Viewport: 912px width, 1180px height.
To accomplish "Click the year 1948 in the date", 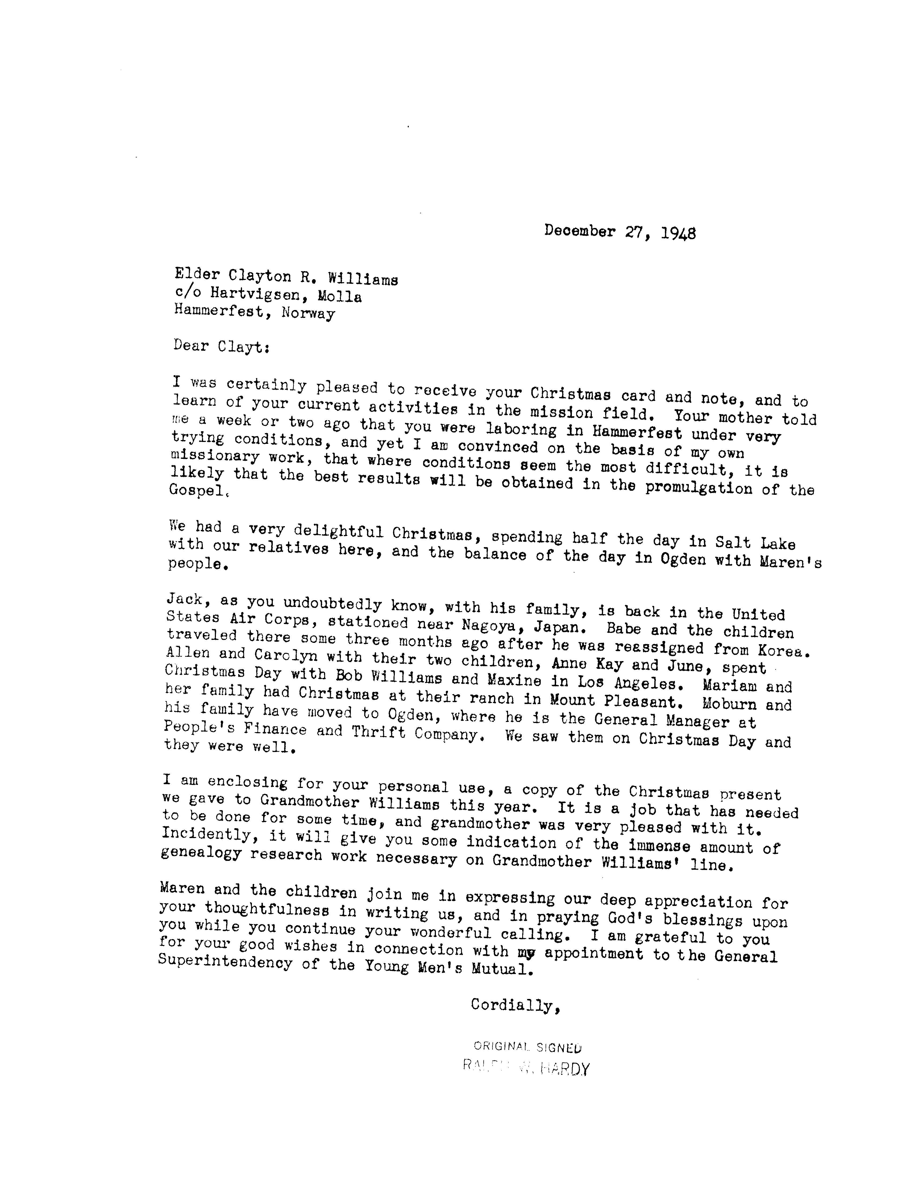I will point(678,233).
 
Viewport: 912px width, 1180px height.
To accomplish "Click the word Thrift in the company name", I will point(378,732).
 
